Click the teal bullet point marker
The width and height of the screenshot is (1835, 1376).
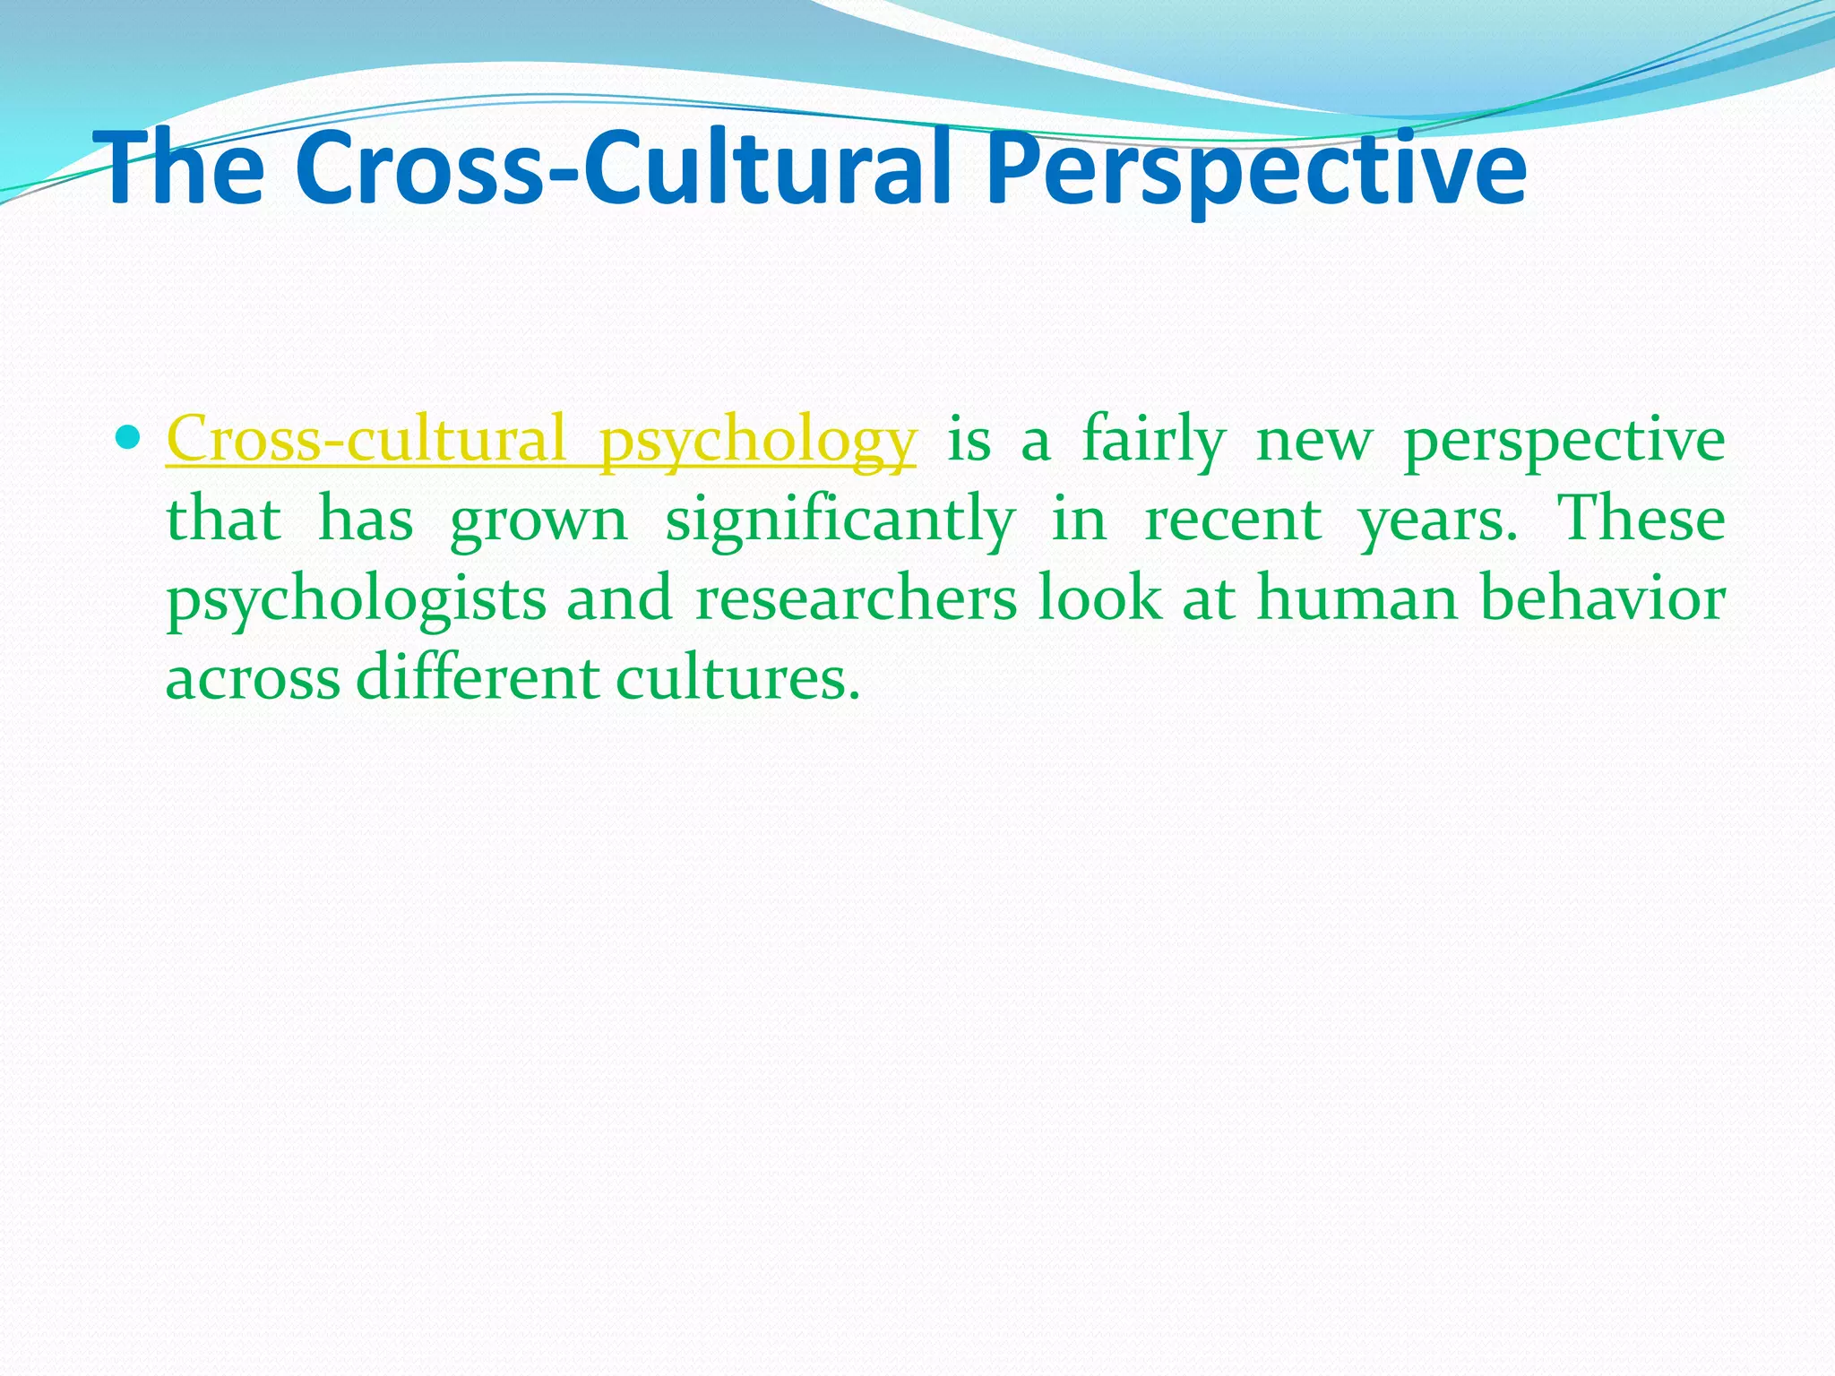click(x=130, y=439)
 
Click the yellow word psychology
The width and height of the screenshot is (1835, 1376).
click(x=757, y=441)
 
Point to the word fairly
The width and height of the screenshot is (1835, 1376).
click(x=1153, y=441)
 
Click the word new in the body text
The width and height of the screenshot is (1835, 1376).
click(x=1314, y=441)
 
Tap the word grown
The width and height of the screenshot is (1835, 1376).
click(x=538, y=520)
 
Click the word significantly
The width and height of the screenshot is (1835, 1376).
click(x=840, y=520)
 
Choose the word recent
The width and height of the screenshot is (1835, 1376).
click(x=1233, y=519)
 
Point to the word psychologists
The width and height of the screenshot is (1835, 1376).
click(x=356, y=599)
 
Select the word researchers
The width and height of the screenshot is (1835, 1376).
click(x=857, y=598)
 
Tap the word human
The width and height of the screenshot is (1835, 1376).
click(x=1357, y=598)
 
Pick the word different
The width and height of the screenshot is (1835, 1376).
click(x=478, y=677)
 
